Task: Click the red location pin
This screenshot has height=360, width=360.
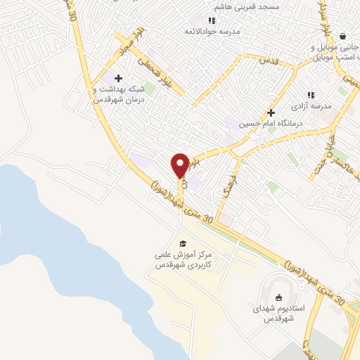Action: click(180, 165)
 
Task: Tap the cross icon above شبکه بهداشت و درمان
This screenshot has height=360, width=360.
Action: click(118, 78)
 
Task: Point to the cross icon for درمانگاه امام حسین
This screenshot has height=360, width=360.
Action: click(271, 112)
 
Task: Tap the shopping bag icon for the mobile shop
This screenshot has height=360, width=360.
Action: click(342, 36)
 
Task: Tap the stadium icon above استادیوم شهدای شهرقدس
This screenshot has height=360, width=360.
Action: click(280, 297)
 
